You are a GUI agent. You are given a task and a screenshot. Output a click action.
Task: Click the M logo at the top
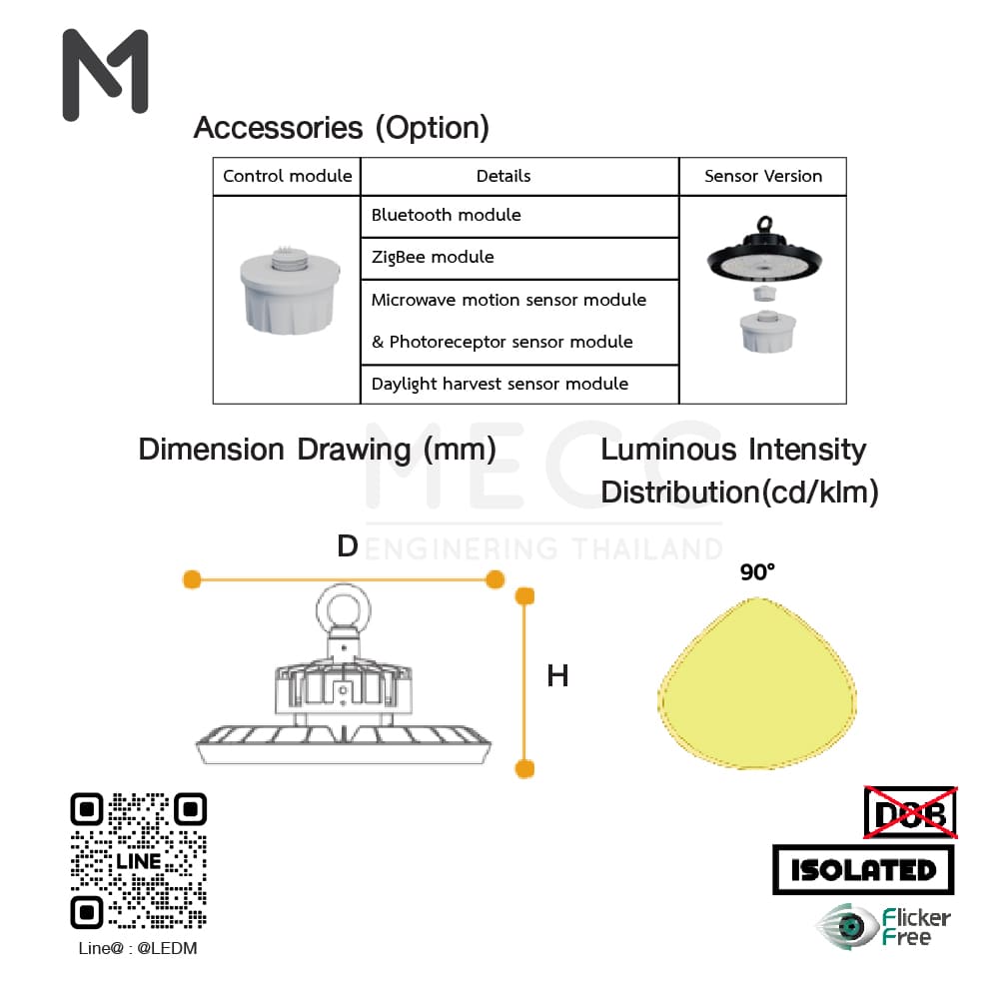tap(105, 76)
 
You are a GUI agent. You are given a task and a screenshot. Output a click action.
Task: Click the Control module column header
tap(287, 176)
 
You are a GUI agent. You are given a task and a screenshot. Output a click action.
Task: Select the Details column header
tap(503, 176)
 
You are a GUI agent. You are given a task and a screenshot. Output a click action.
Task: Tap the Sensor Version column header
tap(763, 176)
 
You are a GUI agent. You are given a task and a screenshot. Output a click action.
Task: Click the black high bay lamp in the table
tap(764, 255)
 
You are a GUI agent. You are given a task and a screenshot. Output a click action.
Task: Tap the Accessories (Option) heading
tap(341, 128)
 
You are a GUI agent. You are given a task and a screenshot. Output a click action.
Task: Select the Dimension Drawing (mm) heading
tap(317, 450)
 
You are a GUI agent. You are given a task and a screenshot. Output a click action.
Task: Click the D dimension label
tap(348, 546)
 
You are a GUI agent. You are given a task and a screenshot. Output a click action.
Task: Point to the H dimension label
tap(557, 676)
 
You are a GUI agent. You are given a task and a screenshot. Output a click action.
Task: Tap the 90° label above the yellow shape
tap(757, 572)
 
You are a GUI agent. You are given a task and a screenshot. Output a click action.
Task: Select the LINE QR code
tap(139, 860)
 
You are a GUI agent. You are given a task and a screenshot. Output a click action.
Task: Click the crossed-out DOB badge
tap(910, 812)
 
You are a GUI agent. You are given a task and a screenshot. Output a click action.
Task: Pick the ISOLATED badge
tap(863, 869)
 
